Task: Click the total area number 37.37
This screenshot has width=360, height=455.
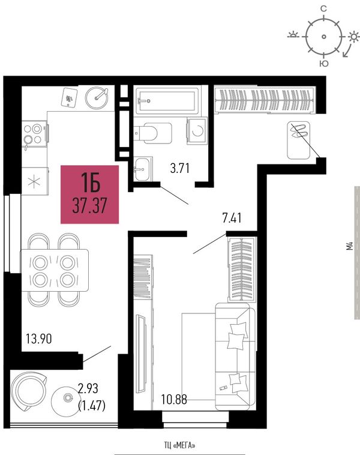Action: pos(89,205)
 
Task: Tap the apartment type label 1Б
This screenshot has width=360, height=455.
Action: pos(91,182)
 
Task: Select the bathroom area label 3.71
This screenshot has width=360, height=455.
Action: pos(180,168)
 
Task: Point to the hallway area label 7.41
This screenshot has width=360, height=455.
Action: pos(232,218)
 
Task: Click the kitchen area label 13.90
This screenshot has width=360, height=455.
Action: pos(39,339)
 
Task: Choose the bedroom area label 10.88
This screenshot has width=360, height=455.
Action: pos(174,400)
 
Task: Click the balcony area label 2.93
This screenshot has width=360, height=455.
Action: pos(88,388)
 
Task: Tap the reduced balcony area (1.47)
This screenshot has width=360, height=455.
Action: pos(92,405)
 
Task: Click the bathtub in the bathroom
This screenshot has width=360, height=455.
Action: pos(167,100)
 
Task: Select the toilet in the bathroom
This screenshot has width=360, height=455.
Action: pos(153,133)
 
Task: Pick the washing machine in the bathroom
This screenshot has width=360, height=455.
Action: pos(197,131)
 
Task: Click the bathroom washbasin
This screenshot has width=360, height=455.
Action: pos(143,169)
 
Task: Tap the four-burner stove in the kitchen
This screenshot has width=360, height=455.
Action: pos(35,133)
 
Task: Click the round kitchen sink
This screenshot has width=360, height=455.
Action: pos(97,98)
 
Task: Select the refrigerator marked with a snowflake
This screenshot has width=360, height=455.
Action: pos(35,181)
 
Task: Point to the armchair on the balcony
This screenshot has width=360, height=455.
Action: pos(28,391)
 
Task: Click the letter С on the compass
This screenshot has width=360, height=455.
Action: pos(323,9)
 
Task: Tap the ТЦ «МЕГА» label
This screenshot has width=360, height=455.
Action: pos(179,445)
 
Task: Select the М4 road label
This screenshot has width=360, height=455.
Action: pos(350,246)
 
